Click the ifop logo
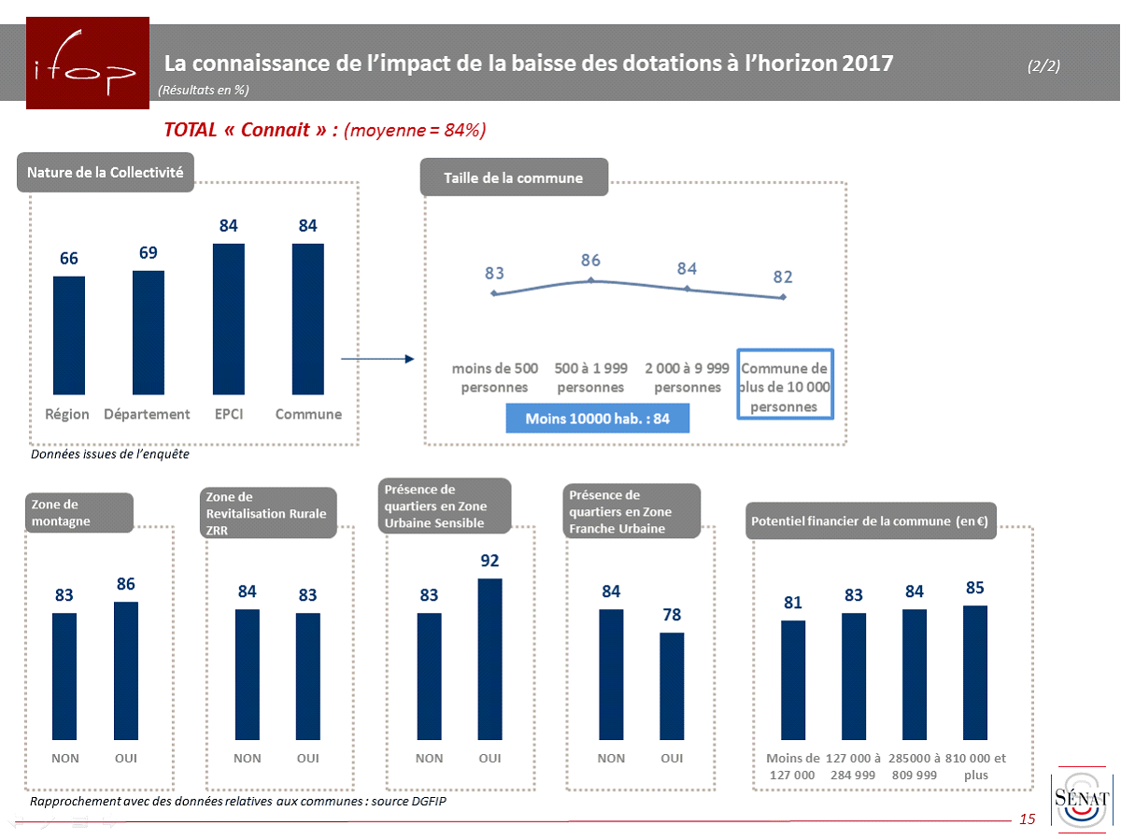[x=88, y=64]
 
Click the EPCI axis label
[x=228, y=414]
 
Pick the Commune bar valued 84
[x=308, y=319]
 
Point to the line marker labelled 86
[x=590, y=279]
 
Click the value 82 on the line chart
[x=783, y=277]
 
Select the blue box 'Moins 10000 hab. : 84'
[x=598, y=419]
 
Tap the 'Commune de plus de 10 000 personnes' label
[x=785, y=387]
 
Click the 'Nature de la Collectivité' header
[x=105, y=173]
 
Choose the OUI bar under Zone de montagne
[x=126, y=670]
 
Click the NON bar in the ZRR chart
[x=248, y=674]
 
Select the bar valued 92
[x=490, y=659]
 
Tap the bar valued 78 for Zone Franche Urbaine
[x=672, y=686]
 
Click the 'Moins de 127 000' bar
[x=793, y=679]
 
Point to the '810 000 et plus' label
[x=975, y=766]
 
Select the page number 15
[x=1028, y=819]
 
